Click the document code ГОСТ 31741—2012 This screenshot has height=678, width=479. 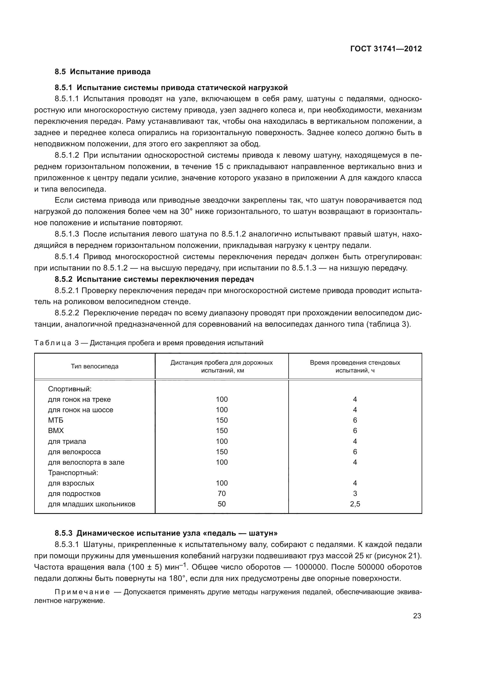pyautogui.click(x=386, y=49)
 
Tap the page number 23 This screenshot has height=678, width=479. pyautogui.click(x=417, y=616)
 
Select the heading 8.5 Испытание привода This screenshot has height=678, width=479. pyautogui.click(x=103, y=72)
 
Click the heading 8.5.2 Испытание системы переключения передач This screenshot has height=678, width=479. pyautogui.click(x=154, y=279)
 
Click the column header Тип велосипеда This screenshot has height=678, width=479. pyautogui.click(x=94, y=366)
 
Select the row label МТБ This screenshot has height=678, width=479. pyautogui.click(x=55, y=420)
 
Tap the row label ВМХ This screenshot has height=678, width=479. pyautogui.click(x=56, y=430)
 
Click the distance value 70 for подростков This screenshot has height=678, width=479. pyautogui.click(x=221, y=493)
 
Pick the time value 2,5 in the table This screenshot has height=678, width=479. pyautogui.click(x=355, y=504)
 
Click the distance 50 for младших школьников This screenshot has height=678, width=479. pyautogui.click(x=221, y=504)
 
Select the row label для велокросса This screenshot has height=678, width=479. pyautogui.click(x=74, y=452)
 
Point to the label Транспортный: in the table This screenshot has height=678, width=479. pyautogui.click(x=73, y=472)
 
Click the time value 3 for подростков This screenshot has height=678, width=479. pyautogui.click(x=355, y=493)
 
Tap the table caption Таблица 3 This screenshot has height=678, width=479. pyautogui.click(x=56, y=343)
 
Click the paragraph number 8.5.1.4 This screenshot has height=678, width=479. pyautogui.click(x=67, y=257)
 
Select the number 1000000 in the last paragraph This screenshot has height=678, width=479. pyautogui.click(x=316, y=567)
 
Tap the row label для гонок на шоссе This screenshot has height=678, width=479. pyautogui.click(x=81, y=410)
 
